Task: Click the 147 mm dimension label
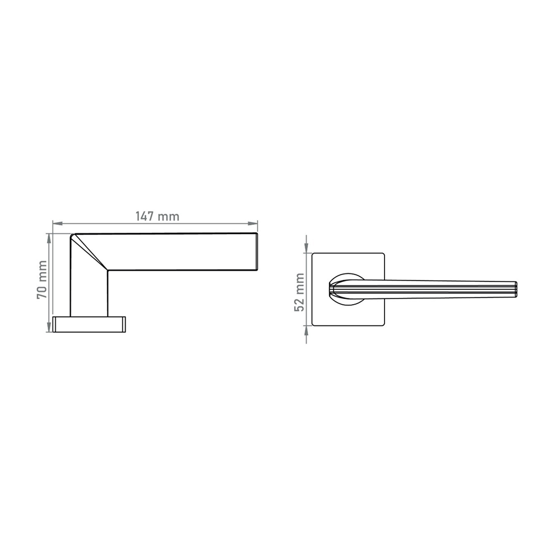(x=157, y=216)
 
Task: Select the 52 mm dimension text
(x=299, y=292)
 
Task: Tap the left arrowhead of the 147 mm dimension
(x=58, y=223)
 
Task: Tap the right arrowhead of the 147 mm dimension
(x=253, y=223)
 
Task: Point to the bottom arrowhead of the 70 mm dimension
(x=49, y=327)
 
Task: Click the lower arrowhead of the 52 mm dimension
(x=306, y=330)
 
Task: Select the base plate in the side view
(x=90, y=324)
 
